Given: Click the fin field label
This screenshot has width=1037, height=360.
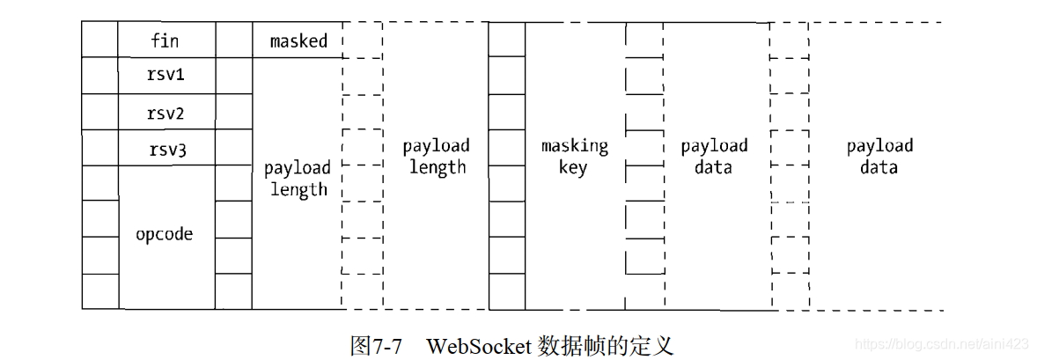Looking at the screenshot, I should (165, 40).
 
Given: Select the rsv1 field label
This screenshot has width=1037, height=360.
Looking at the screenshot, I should (165, 76).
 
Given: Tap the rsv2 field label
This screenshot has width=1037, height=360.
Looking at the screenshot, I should (165, 114).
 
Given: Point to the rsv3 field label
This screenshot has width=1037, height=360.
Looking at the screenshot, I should (165, 151).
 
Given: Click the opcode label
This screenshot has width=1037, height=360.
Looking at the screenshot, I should (165, 235).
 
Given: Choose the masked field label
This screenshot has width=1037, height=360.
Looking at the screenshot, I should (298, 40).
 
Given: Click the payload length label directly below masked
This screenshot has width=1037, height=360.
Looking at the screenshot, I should (298, 179).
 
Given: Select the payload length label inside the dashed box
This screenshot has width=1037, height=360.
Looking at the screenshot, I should (436, 156).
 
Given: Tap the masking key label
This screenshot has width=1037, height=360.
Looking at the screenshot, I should (574, 156).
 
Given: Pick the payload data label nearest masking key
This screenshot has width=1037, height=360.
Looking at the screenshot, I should (714, 156).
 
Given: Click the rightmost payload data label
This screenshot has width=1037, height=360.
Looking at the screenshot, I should (879, 156).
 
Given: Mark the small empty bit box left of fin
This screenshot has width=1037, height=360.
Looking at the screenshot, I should (99, 40).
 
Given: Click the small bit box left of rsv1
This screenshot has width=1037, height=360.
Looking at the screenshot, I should (99, 76).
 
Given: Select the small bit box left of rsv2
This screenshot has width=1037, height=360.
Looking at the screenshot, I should (99, 113).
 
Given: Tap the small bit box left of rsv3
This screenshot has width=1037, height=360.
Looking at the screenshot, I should (99, 149).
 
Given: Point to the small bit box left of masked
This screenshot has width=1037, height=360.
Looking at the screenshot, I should (233, 40).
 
